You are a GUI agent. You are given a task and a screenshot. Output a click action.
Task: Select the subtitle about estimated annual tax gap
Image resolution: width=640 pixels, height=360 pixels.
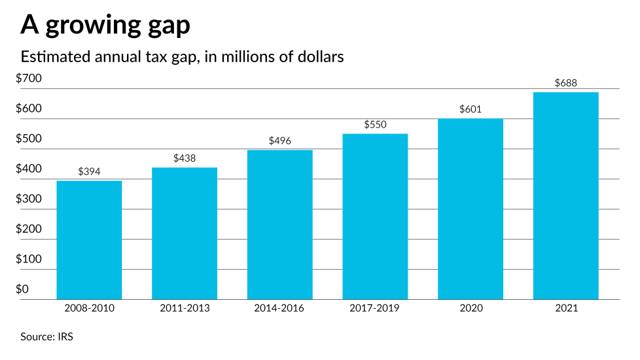183,57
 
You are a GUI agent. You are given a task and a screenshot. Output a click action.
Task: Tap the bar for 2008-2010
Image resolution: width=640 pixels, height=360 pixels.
89,240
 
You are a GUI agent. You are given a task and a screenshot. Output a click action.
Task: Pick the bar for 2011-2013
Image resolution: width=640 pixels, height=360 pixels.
185,233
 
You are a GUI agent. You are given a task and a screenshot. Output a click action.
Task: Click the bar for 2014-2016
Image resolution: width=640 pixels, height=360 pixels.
279,225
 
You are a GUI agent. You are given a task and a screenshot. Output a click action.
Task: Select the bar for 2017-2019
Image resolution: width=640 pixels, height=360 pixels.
375,216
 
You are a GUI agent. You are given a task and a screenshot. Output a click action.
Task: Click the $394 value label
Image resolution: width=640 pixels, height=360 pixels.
89,171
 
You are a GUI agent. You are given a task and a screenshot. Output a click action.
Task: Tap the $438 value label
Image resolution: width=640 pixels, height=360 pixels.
185,158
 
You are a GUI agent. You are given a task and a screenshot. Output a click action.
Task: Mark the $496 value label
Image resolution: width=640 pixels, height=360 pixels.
279,141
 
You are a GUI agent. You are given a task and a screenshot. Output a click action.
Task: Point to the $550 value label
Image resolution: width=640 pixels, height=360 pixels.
375,124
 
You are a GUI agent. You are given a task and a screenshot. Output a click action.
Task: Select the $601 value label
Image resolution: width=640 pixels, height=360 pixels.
471,109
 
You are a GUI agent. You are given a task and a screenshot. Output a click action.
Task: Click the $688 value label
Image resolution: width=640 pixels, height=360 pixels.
565,83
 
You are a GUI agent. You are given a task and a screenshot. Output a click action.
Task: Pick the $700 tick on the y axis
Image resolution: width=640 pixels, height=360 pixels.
29,79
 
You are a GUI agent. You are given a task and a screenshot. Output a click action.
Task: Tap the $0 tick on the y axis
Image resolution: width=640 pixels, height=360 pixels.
22,289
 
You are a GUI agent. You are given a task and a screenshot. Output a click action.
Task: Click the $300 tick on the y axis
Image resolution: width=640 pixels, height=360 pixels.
29,199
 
